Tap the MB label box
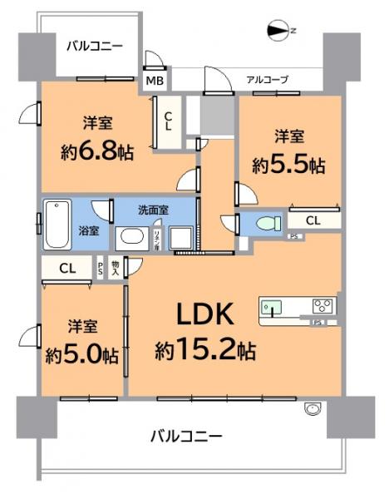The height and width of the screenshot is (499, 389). tap(155, 81)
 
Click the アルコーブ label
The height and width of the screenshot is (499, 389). tap(267, 80)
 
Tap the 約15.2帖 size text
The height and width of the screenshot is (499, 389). tap(204, 349)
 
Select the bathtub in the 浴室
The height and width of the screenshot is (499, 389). tap(57, 224)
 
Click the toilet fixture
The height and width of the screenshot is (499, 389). tap(265, 224)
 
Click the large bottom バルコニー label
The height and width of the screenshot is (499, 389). tap(186, 436)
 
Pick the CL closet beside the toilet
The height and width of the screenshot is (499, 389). tap(313, 220)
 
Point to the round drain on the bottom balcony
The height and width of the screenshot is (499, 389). tap(313, 408)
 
